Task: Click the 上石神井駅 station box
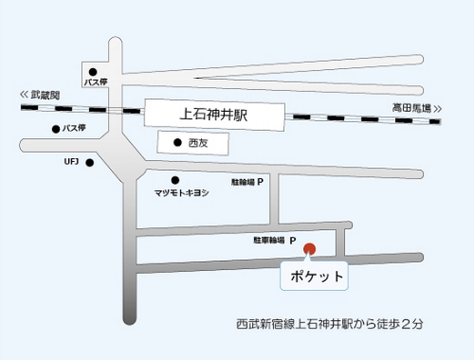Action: point(215,114)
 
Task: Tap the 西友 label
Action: point(197,143)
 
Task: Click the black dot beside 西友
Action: point(177,143)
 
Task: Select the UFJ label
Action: point(71,162)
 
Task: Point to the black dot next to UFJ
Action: point(90,162)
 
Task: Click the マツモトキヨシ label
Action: point(181,192)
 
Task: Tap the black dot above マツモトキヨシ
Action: point(174,180)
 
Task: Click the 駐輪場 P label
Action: point(246,180)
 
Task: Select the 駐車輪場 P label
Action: point(276,240)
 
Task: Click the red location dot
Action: point(309,249)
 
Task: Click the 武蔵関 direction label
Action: point(44,96)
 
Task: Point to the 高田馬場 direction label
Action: point(412,108)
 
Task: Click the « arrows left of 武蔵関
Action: point(24,96)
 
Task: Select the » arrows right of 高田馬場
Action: point(439,108)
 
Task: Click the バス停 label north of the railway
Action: point(98,82)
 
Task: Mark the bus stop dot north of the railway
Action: point(93,72)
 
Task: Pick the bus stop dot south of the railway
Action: point(56,127)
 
